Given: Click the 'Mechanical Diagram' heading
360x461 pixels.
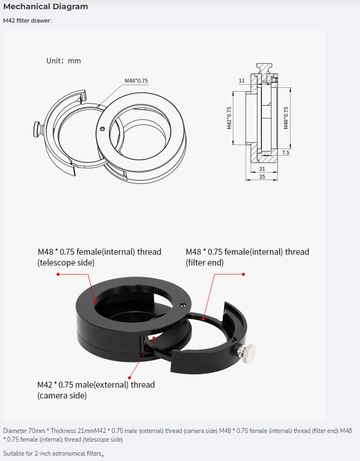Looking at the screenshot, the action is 46,6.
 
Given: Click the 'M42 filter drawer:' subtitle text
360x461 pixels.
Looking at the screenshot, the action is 27,20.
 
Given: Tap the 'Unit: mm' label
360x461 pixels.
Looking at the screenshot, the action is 64,61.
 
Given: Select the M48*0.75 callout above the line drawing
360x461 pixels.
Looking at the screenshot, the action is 136,81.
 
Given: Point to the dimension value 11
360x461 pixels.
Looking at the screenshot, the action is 241,80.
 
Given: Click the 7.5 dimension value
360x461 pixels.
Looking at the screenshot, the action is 286,153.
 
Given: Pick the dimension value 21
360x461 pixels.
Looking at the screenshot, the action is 262,169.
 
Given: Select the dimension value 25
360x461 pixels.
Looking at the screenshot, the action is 262,176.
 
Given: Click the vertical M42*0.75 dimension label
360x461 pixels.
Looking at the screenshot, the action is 229,118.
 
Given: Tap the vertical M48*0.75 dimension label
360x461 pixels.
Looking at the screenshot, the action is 286,118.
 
